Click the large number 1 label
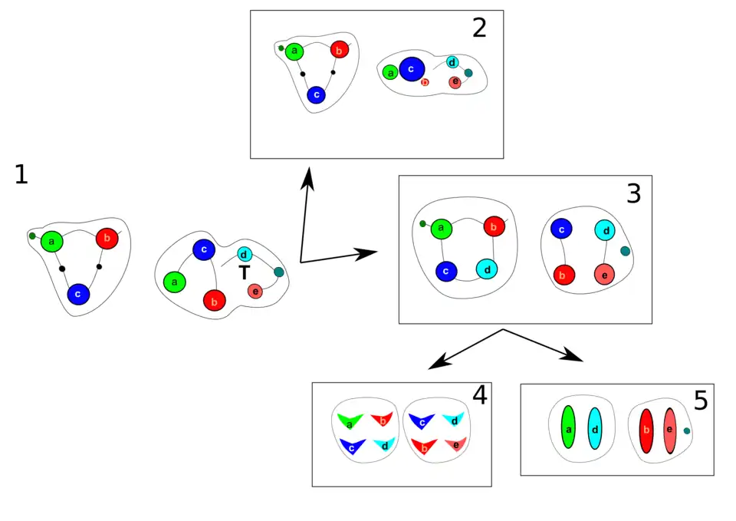point(21,175)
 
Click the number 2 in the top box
point(479,28)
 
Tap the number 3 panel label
point(633,193)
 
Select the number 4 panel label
point(479,396)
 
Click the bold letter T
point(244,273)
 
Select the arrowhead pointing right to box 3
point(369,252)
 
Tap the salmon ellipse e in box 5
point(669,430)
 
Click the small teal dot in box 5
point(687,431)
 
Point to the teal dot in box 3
point(625,251)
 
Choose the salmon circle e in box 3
point(605,273)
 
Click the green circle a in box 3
point(441,228)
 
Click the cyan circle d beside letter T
point(243,254)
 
